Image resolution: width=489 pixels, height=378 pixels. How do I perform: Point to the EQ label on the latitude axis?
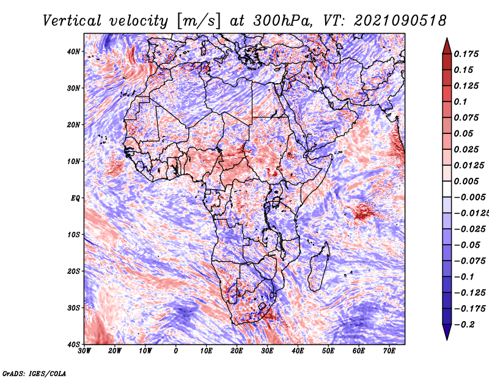[x=75, y=198]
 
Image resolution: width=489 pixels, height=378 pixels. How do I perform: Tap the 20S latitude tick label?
[x=73, y=271]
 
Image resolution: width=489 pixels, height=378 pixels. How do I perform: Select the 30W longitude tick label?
[x=84, y=350]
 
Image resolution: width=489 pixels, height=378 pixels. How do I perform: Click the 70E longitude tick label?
[x=389, y=350]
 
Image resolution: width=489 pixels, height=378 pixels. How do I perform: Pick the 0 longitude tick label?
[x=176, y=350]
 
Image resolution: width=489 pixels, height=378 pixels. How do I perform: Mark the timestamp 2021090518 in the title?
[x=391, y=21]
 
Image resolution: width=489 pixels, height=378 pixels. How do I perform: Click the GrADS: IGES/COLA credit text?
[x=34, y=372]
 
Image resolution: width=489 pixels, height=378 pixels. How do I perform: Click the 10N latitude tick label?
[x=73, y=161]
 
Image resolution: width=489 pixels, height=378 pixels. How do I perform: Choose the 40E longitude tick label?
[x=298, y=350]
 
